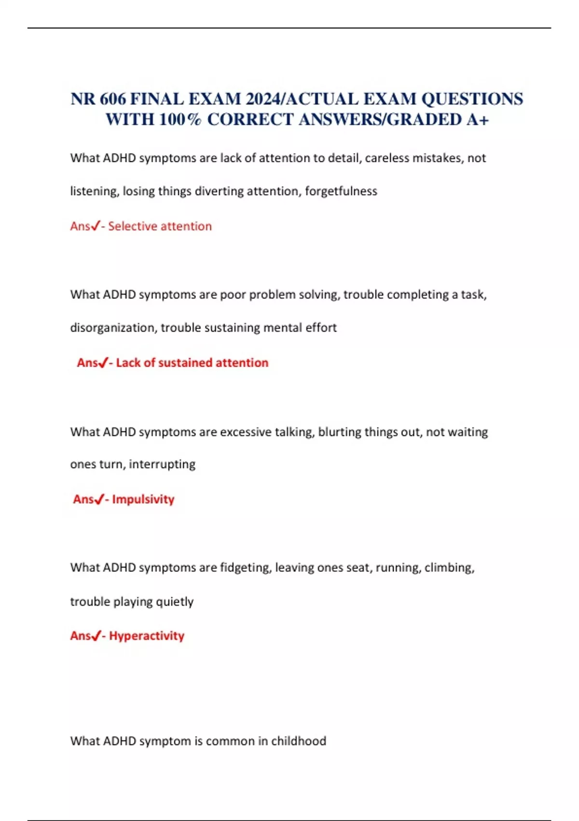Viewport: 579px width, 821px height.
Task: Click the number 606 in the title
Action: pos(113,99)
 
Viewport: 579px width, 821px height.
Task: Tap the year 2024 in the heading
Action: pos(263,99)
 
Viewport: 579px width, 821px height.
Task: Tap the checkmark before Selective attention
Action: pos(96,226)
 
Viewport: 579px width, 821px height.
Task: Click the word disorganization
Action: pos(113,328)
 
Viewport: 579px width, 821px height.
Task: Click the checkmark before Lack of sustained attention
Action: pos(103,363)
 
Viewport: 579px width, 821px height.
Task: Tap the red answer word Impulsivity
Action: pos(143,499)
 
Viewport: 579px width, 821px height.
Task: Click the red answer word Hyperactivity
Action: pos(147,636)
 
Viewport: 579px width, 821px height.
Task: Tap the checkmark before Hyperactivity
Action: pos(96,636)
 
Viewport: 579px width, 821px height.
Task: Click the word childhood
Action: pos(299,741)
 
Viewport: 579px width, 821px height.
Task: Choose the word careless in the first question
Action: pos(386,158)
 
